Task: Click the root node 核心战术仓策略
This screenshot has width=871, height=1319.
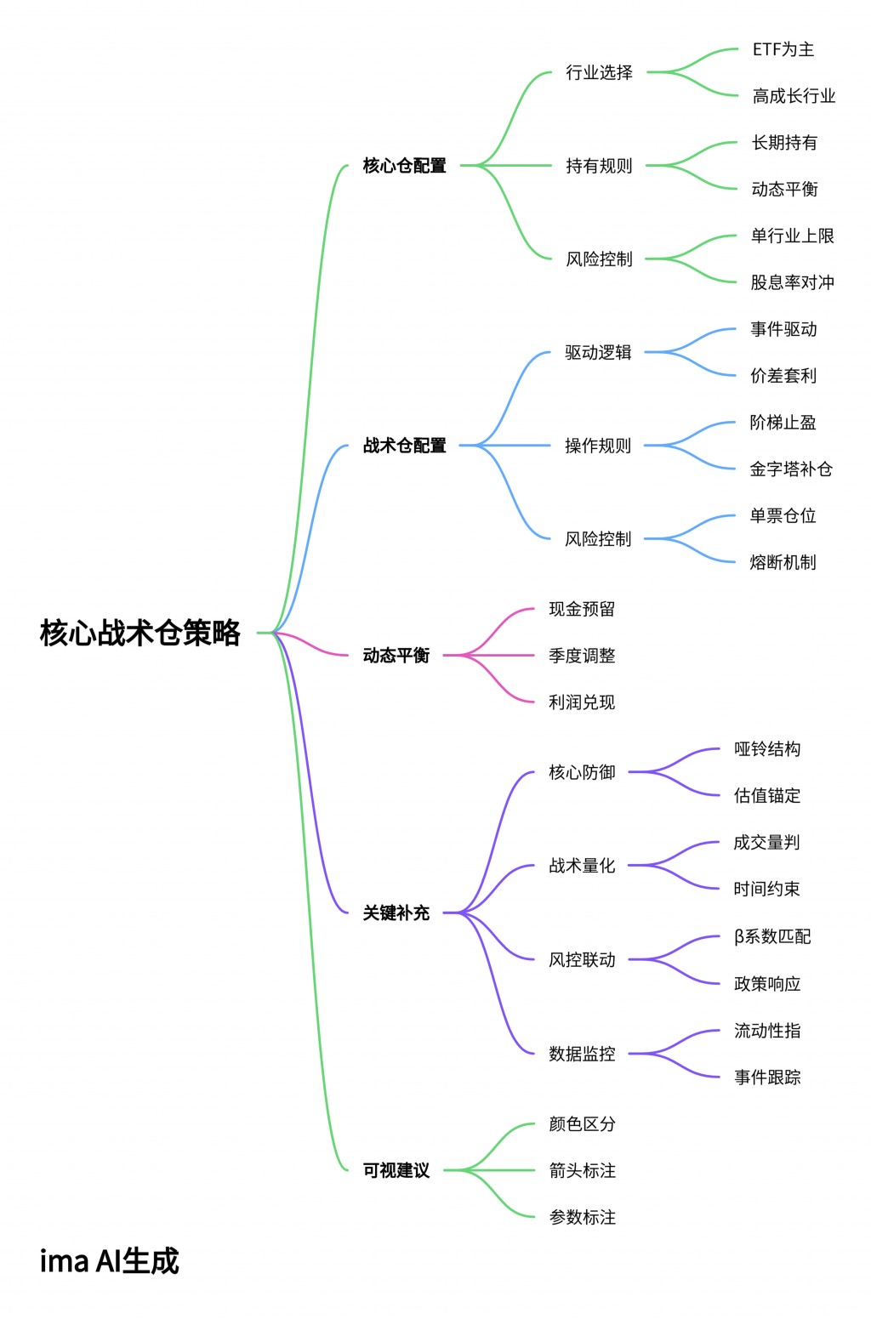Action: pos(140,633)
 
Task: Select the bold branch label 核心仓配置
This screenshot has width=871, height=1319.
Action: pos(404,166)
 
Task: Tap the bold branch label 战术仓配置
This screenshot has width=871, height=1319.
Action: pos(404,446)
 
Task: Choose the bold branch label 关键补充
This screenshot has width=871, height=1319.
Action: pos(396,913)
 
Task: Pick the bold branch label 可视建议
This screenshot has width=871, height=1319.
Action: pos(396,1171)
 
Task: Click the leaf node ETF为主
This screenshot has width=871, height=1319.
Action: pos(783,49)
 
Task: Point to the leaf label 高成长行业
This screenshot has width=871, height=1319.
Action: pos(794,96)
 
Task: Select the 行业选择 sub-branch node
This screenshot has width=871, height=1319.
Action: pos(599,72)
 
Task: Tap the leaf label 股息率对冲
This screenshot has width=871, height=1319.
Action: pos(792,282)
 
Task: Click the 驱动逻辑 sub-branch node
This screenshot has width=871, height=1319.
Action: pos(598,352)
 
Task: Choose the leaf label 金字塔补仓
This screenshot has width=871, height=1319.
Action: pos(790,469)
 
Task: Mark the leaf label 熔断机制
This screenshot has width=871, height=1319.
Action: pos(783,562)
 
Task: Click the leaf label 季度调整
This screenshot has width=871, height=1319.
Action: pos(582,656)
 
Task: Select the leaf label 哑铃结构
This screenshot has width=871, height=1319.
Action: pos(767,749)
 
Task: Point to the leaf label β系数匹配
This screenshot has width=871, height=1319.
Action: pos(771,936)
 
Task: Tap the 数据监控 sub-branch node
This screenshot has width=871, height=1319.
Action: pos(582,1054)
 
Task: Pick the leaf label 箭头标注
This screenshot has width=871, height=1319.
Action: pos(582,1171)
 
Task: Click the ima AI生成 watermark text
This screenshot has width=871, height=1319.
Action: pos(110,1261)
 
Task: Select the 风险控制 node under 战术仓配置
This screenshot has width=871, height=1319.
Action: pos(598,539)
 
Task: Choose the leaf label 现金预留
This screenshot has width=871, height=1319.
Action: pos(582,609)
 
